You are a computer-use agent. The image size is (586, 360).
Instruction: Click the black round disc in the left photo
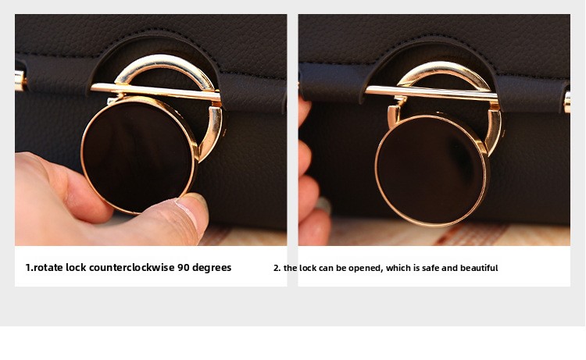139,155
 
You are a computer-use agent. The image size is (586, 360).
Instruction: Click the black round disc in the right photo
432,171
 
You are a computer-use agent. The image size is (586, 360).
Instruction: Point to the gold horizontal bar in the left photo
155,92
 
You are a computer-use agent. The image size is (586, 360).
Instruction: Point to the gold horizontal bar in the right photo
432,94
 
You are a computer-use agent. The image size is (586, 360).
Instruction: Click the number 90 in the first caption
184,267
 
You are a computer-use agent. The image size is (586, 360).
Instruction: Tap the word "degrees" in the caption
212,268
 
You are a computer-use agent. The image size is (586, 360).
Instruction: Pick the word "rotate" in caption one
48,267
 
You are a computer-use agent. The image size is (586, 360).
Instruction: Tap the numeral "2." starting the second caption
277,268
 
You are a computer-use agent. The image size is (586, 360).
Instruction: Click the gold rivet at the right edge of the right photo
567,102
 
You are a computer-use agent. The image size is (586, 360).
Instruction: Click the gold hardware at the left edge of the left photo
20,81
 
